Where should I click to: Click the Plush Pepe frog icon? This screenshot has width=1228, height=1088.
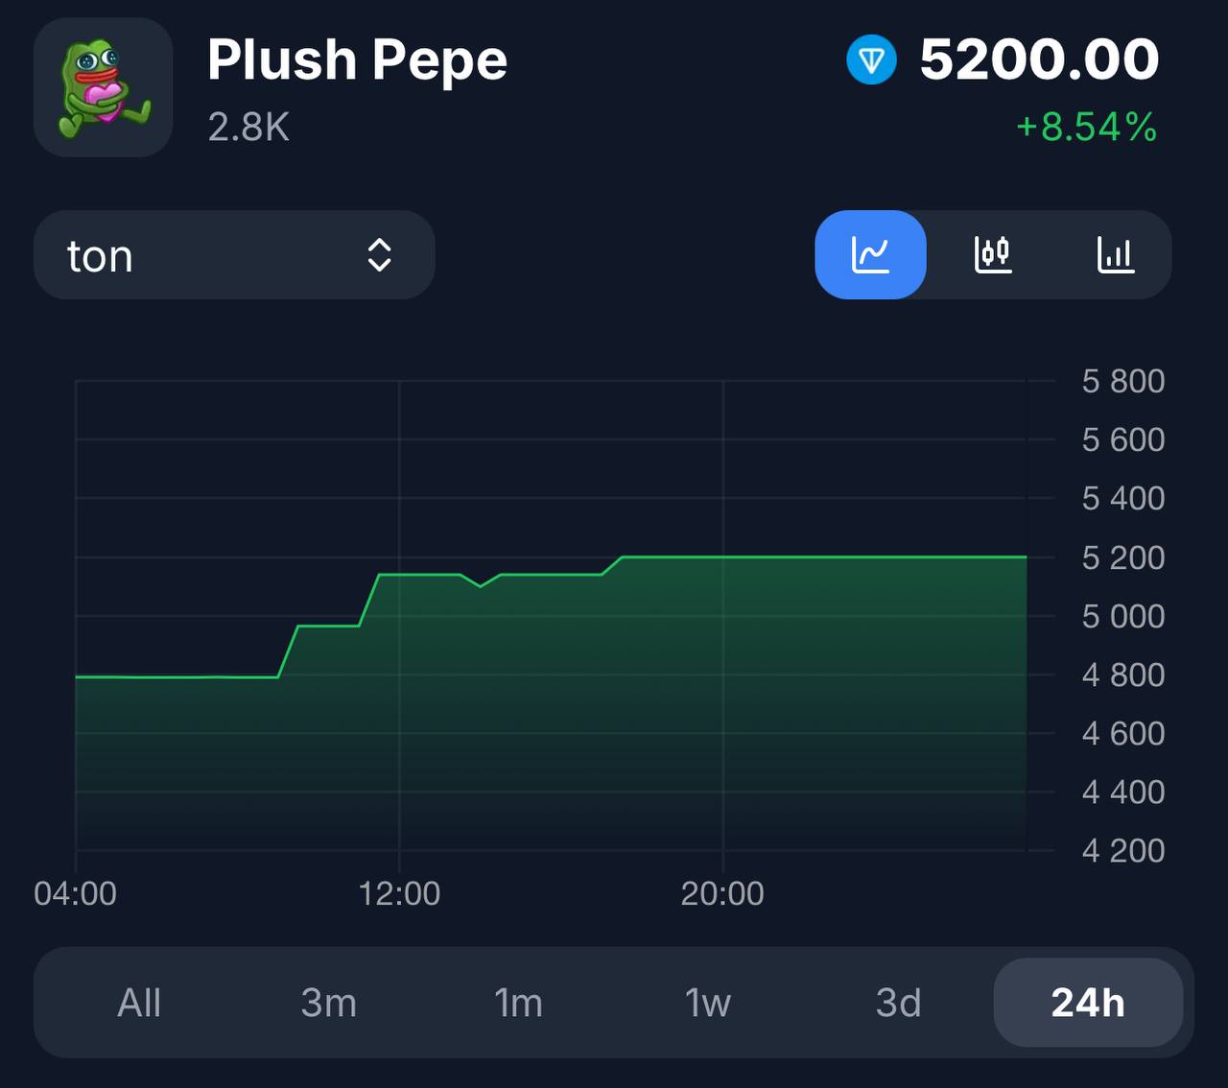tap(104, 87)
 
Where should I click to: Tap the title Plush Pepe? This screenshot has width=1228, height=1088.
tap(357, 59)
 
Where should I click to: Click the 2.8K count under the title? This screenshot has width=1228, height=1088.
tap(248, 127)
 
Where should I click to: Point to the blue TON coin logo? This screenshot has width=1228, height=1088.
tap(871, 60)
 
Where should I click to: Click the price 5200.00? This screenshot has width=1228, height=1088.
tap(1039, 59)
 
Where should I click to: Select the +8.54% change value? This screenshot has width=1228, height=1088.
tap(1086, 127)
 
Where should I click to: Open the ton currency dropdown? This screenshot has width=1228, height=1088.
tap(233, 255)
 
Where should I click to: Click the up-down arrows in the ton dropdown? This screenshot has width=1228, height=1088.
tap(379, 255)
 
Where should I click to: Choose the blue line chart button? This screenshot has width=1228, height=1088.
tap(870, 255)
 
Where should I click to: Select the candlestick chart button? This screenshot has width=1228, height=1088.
tap(993, 255)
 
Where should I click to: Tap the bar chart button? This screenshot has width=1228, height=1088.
tap(1116, 255)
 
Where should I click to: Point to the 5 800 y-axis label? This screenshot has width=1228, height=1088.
tap(1122, 382)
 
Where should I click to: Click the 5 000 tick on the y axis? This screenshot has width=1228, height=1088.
tap(1122, 616)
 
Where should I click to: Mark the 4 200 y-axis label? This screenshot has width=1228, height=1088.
tap(1122, 851)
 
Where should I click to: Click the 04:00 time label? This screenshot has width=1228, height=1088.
tap(75, 893)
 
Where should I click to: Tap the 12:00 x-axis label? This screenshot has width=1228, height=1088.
tap(399, 893)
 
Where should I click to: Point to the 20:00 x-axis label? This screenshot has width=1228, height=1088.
tap(722, 893)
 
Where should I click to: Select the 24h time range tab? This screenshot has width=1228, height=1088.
tap(1088, 1003)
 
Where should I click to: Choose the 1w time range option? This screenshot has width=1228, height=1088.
tap(708, 1003)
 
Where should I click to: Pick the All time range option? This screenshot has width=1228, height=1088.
tap(139, 1003)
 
